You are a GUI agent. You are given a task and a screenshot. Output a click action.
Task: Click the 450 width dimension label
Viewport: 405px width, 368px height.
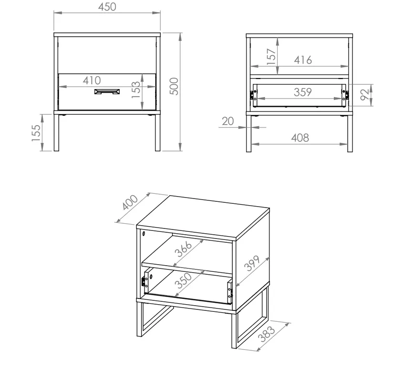point(107,7)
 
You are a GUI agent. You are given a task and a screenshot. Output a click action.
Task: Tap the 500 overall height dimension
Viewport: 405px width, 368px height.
point(174,86)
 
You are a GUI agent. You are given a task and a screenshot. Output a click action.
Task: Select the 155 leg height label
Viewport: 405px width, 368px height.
point(36,133)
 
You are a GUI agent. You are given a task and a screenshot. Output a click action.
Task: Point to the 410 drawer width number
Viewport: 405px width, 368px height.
point(92,80)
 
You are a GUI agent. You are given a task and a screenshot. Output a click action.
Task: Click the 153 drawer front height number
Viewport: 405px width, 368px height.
point(135,90)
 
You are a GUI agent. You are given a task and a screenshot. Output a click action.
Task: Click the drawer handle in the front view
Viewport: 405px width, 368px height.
point(107,92)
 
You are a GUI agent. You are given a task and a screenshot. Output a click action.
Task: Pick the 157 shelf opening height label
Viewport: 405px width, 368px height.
point(271,57)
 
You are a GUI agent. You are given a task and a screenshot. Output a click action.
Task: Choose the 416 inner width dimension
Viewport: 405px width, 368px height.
point(303,60)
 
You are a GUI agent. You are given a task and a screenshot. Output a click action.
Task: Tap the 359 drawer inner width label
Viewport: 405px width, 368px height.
point(303,92)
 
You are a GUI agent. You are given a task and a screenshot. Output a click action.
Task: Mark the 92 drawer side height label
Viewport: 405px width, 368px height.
point(365,94)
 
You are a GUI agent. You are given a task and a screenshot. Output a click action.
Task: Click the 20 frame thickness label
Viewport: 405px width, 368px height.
point(228,121)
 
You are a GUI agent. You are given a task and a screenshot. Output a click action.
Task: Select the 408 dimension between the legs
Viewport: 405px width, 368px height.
point(300,138)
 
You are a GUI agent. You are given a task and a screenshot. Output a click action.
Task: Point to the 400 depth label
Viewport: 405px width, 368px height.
point(130,202)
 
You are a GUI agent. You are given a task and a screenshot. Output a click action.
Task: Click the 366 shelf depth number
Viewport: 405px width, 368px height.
point(183,249)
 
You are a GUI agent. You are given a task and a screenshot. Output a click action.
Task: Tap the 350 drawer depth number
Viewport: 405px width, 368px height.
point(183,280)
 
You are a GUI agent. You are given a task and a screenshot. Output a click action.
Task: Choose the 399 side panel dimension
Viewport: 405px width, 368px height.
point(252,263)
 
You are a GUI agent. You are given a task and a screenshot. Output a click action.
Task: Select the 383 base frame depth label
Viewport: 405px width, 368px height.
point(267,334)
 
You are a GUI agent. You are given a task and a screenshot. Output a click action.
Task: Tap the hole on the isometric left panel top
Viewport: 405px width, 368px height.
point(144,234)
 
